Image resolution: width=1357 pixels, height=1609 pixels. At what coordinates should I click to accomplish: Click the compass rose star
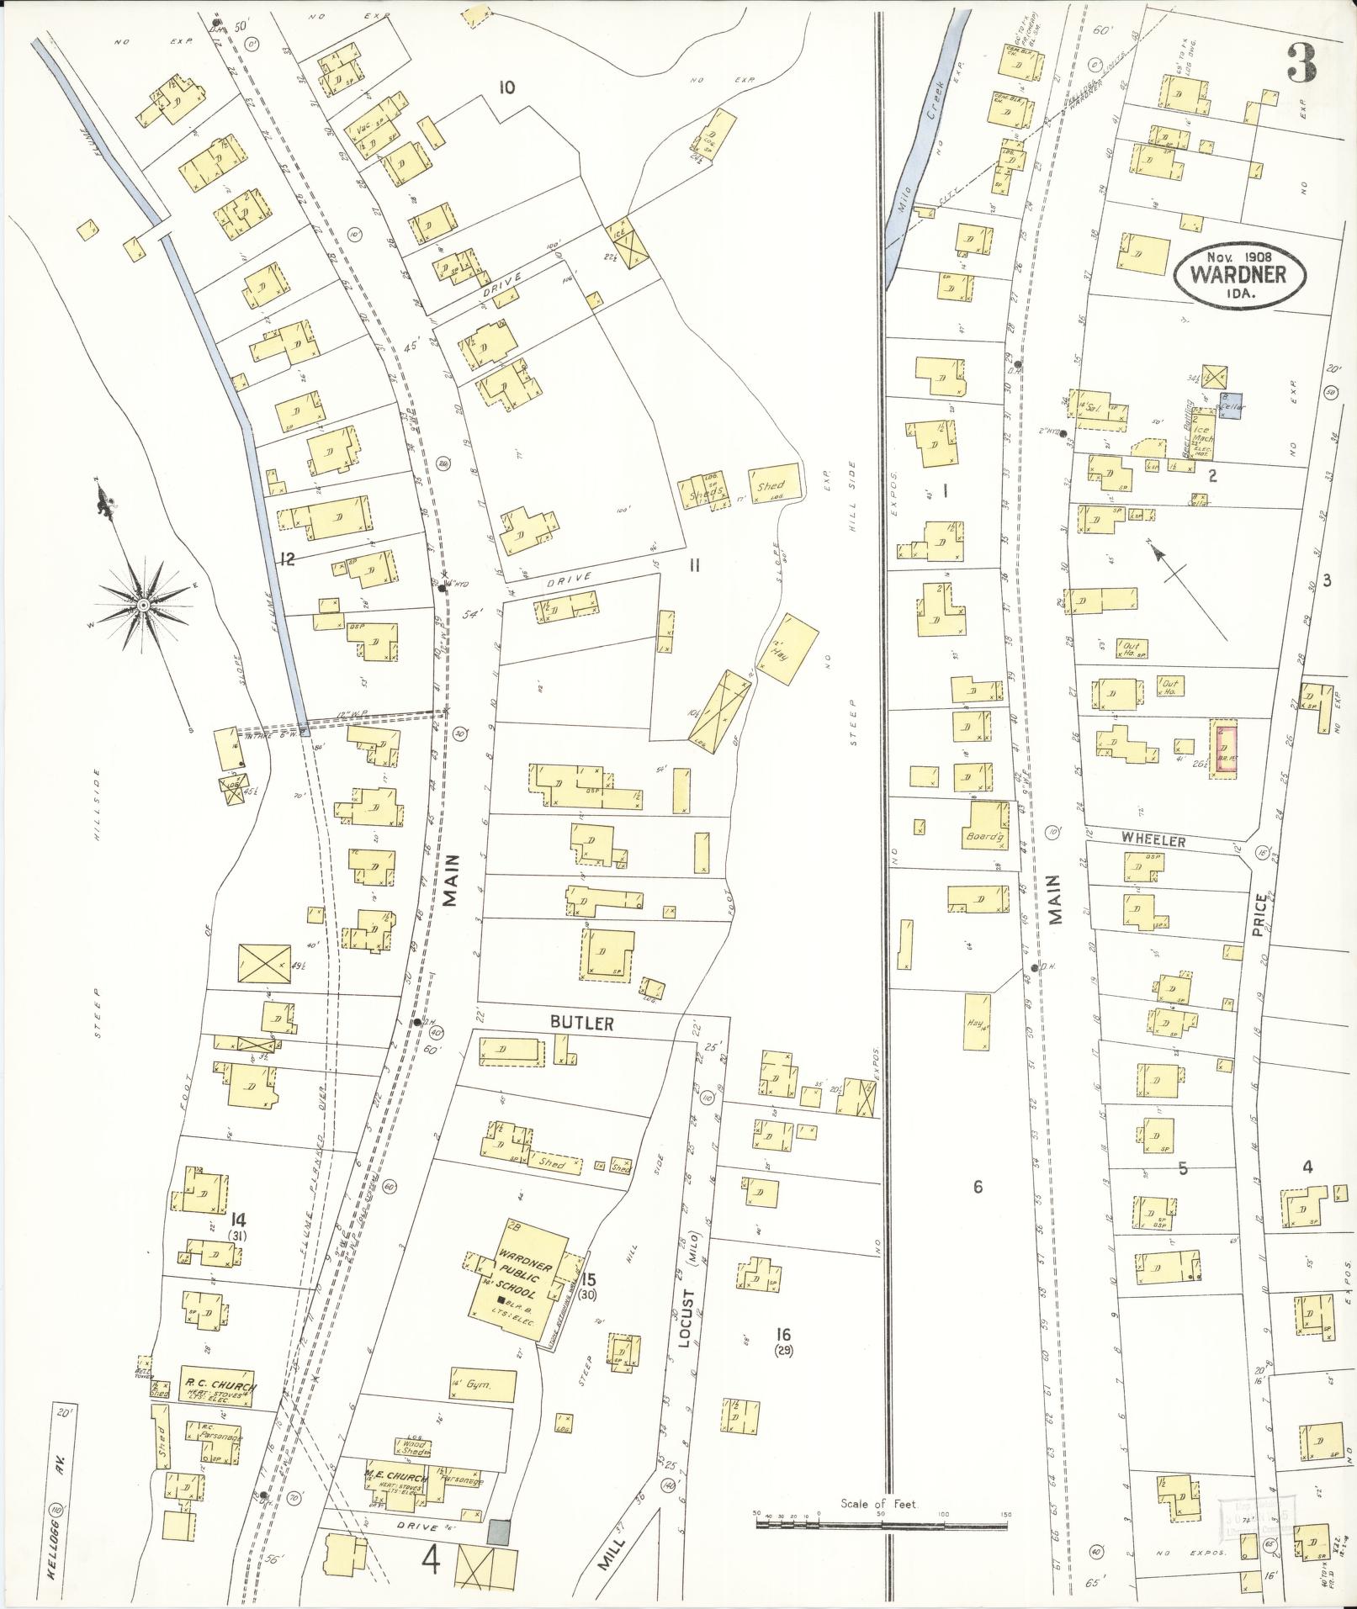[144, 605]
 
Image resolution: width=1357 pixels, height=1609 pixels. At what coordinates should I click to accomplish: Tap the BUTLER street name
[582, 1024]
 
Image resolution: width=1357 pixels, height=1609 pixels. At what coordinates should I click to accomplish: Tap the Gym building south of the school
[482, 1384]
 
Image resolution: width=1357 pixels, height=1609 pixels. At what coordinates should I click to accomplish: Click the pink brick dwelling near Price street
[1223, 748]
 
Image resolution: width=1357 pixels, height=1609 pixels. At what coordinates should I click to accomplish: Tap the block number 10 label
[506, 87]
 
